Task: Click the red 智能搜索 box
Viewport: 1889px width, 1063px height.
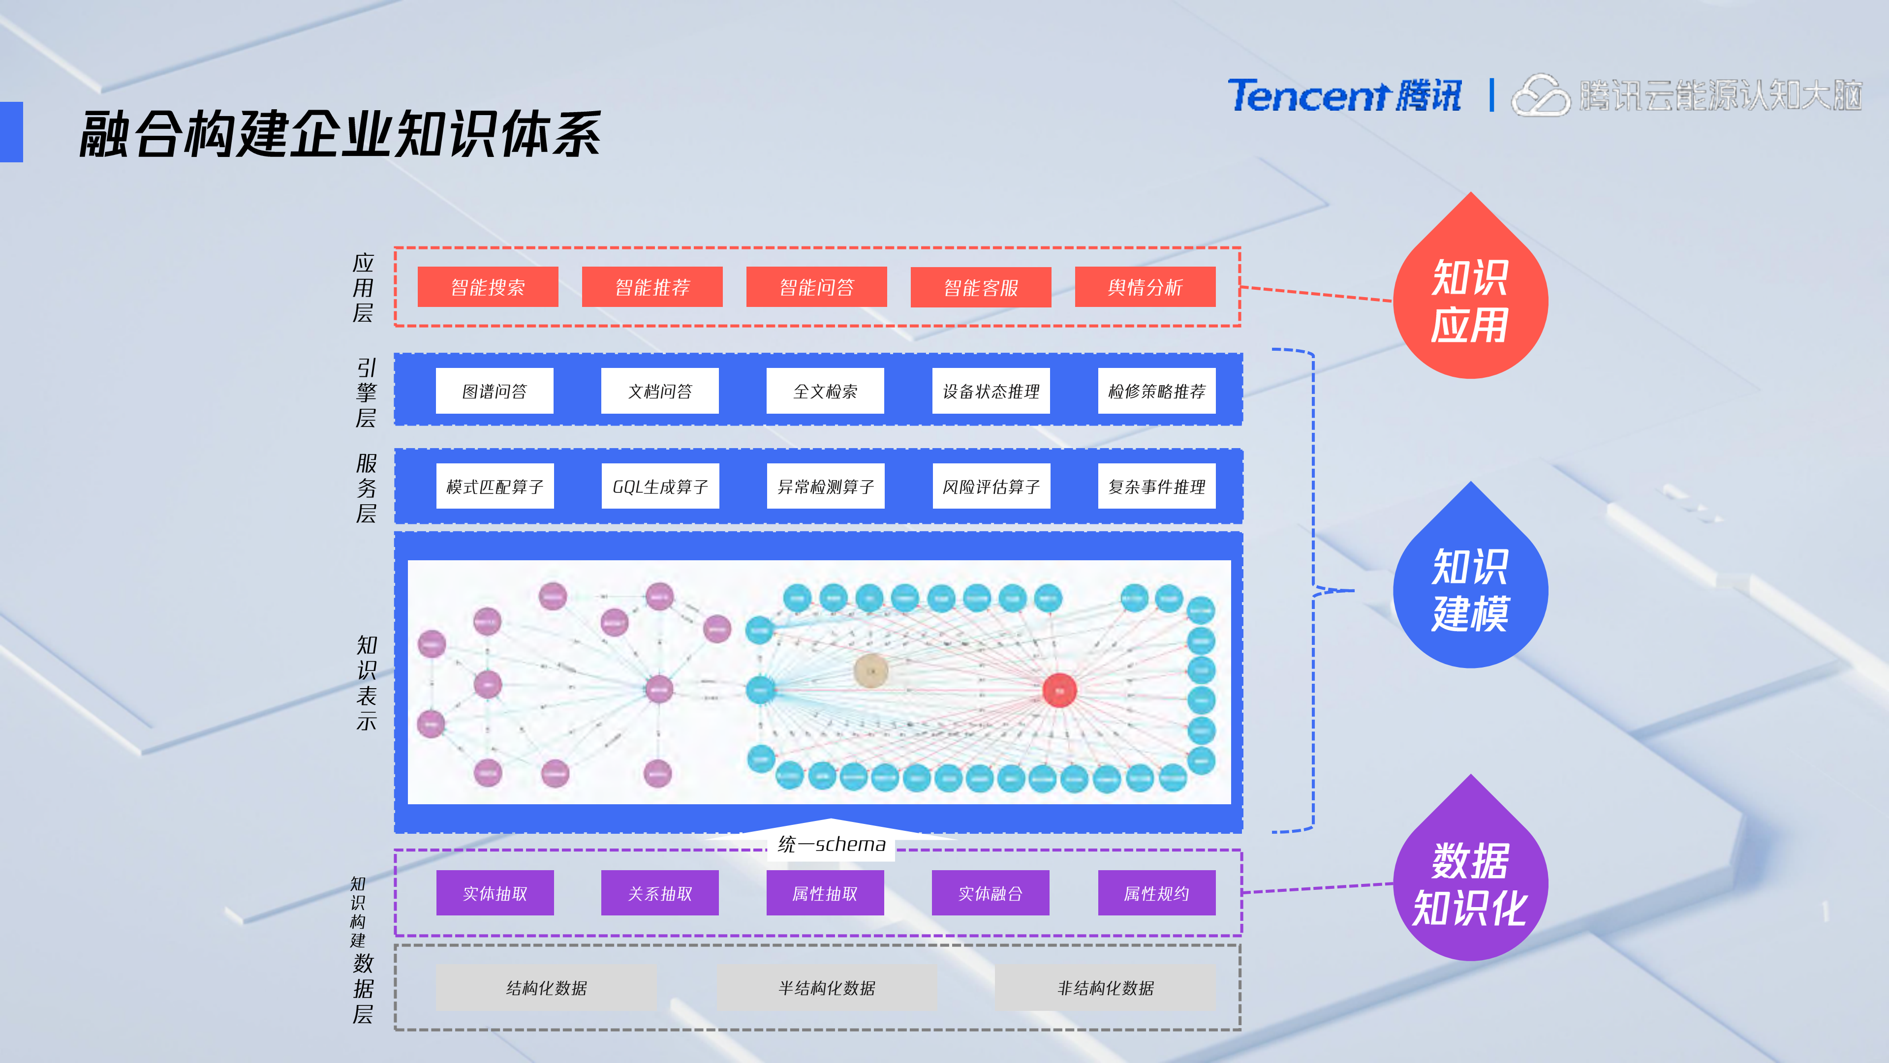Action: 488,287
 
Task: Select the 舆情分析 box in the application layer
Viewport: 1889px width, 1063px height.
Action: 1145,287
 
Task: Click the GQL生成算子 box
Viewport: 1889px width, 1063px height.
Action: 660,486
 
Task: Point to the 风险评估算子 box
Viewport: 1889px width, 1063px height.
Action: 991,486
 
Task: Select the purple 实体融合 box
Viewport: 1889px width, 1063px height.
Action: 990,893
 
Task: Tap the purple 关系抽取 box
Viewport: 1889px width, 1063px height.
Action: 659,893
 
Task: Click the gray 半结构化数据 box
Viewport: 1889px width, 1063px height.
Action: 827,987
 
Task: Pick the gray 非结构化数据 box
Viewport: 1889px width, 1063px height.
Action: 1105,987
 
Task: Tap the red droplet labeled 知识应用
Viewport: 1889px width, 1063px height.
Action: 1470,301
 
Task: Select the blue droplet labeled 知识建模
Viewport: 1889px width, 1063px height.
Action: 1470,590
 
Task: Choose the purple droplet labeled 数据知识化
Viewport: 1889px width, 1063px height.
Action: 1470,883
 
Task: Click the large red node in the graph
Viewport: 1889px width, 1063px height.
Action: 1059,690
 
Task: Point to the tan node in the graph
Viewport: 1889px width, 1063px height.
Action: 871,670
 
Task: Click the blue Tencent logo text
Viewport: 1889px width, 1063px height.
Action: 1309,96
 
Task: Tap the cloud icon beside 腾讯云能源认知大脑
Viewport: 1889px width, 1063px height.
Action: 1540,96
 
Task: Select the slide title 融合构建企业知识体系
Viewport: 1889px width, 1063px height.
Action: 340,134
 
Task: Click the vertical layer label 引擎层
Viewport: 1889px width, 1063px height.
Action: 366,392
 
